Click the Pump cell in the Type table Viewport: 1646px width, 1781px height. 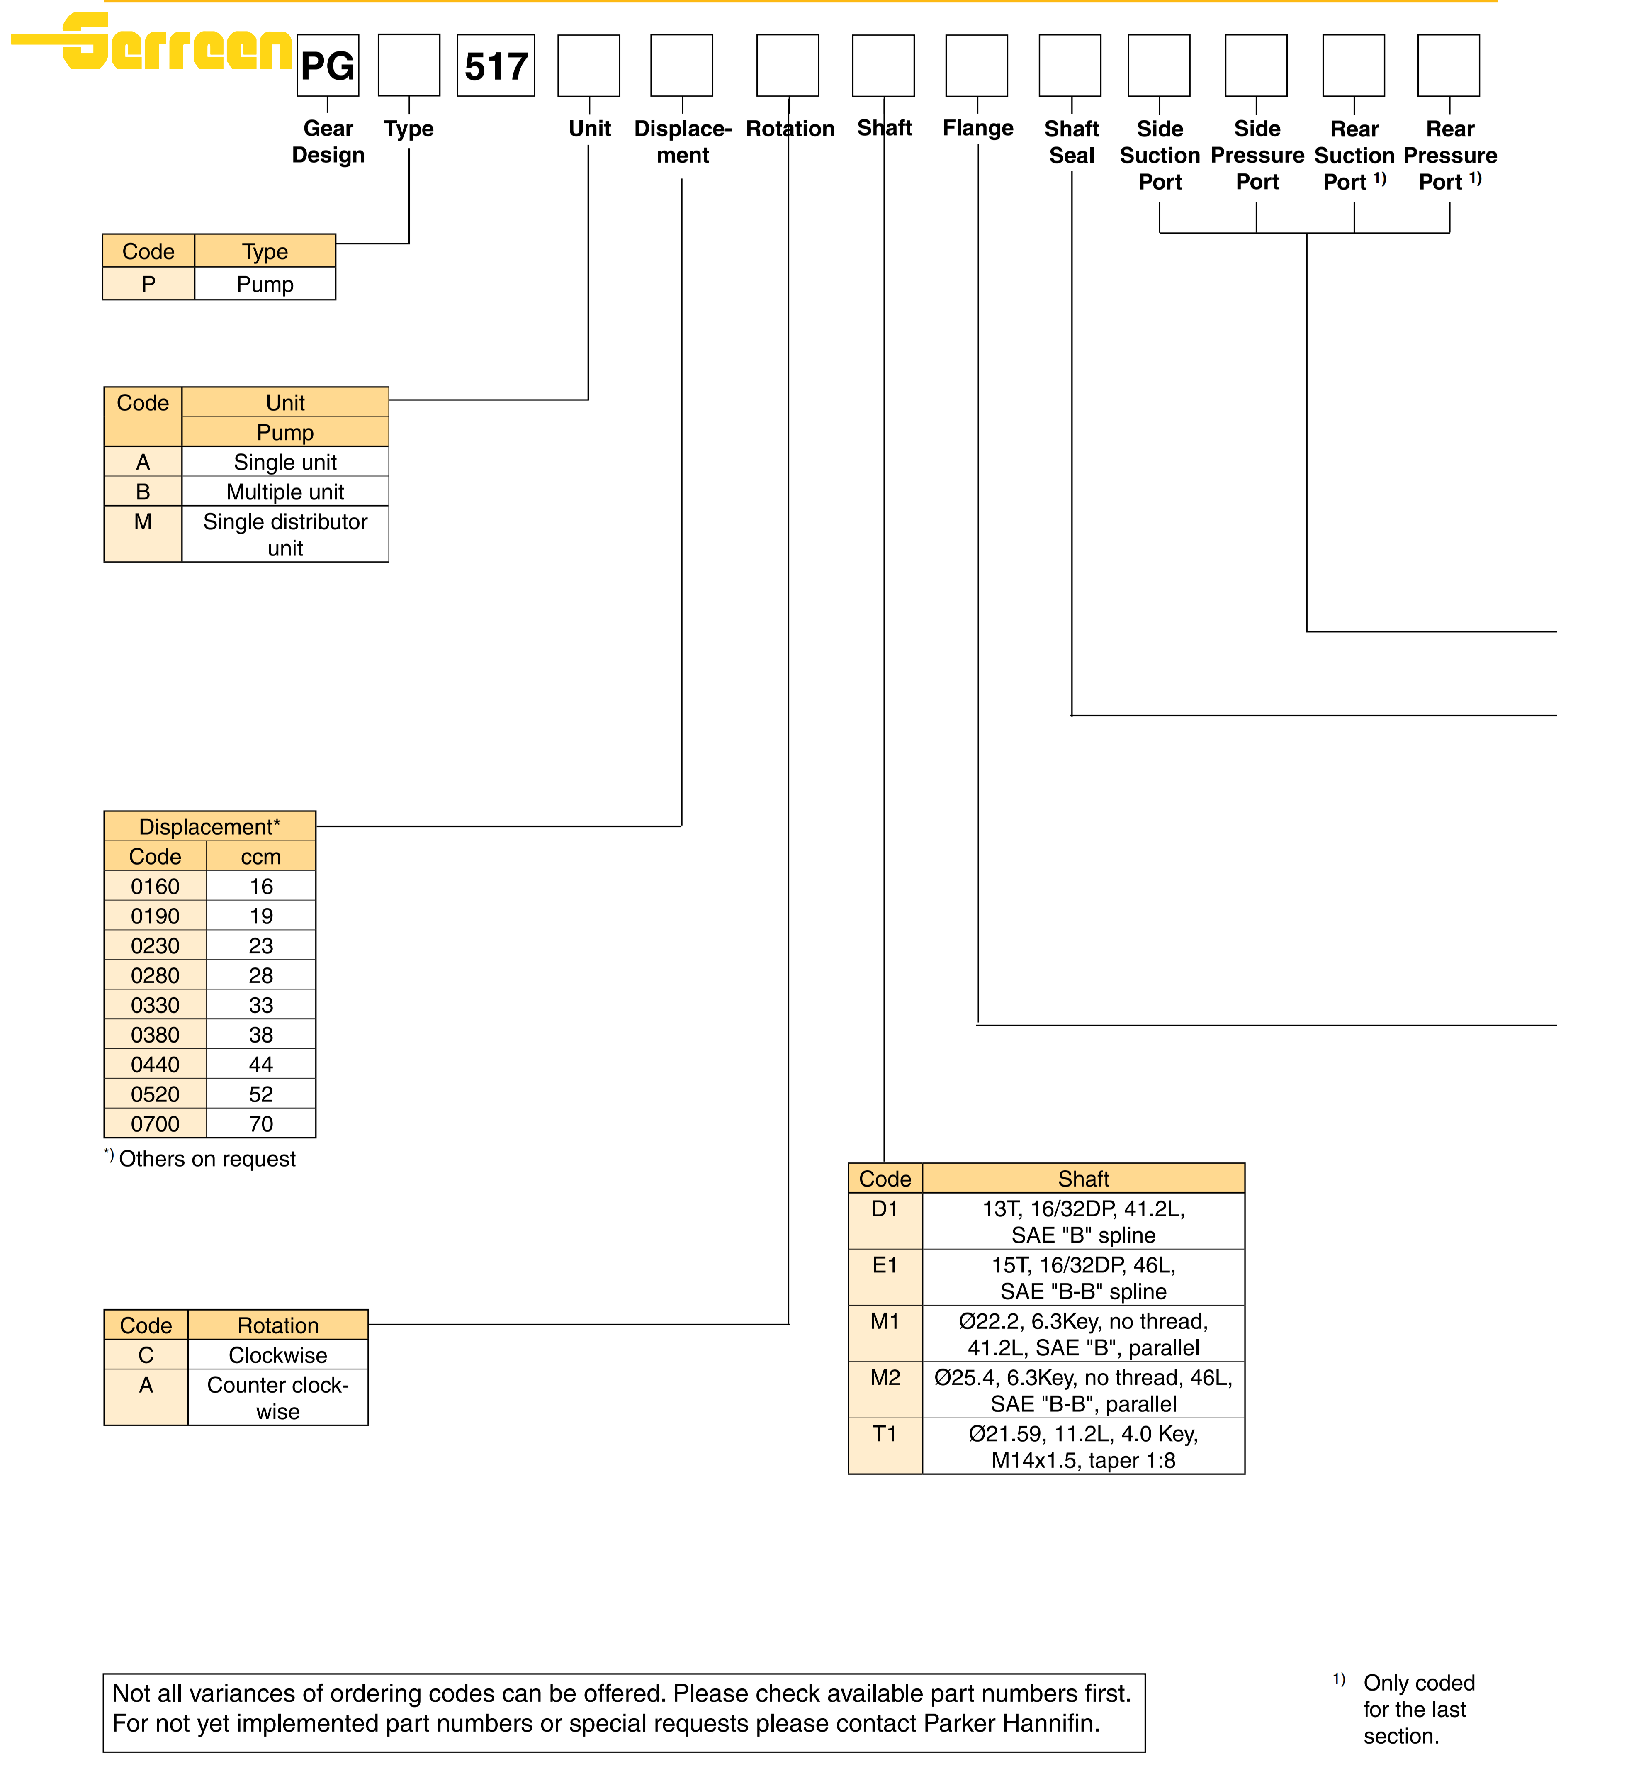(265, 284)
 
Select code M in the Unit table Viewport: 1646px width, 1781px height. (143, 522)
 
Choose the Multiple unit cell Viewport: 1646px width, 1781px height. (285, 492)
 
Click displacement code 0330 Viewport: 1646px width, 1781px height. (155, 1005)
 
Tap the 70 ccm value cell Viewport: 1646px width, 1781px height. (261, 1123)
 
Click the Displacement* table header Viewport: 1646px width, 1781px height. (209, 827)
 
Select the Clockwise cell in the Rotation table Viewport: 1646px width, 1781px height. (278, 1355)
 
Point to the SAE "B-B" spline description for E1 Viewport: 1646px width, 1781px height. (1083, 1279)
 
